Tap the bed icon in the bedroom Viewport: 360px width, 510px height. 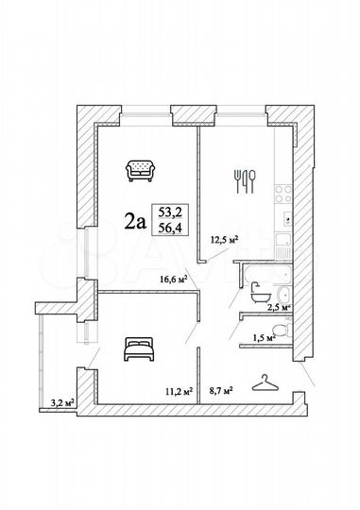click(138, 349)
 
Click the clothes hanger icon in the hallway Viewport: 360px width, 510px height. click(264, 382)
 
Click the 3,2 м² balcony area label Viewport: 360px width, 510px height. click(62, 402)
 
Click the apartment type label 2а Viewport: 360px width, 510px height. click(134, 222)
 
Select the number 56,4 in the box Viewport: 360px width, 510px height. click(169, 229)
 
